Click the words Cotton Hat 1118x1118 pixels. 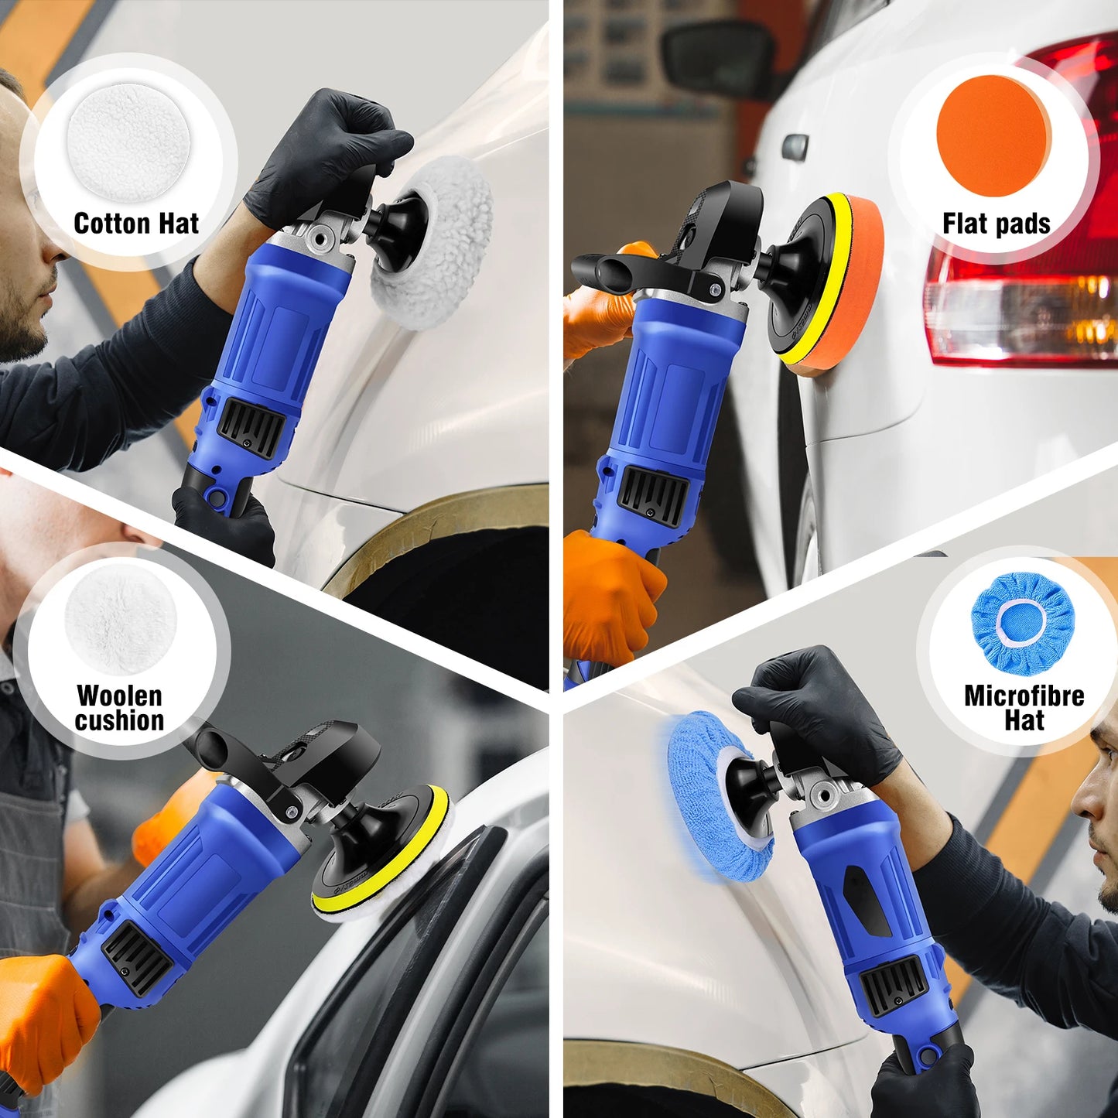[x=136, y=224]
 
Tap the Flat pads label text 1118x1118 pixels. [x=996, y=224]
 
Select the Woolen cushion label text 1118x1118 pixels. [x=120, y=708]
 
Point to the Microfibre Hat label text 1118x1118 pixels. [x=1024, y=708]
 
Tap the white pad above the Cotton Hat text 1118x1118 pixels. [x=128, y=140]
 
